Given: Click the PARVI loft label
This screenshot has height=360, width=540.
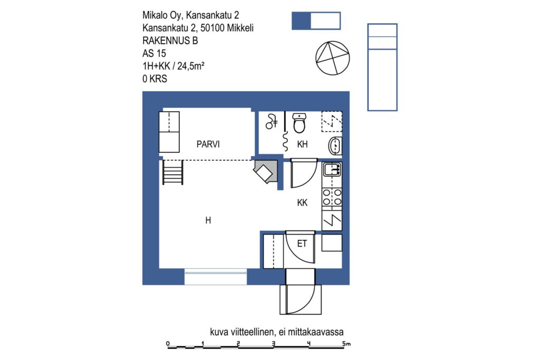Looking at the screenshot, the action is [x=208, y=144].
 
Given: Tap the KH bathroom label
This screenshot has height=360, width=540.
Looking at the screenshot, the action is [x=302, y=144].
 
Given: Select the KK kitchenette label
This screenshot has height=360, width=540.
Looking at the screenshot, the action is [x=302, y=203].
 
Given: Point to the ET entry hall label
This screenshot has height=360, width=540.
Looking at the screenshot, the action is [x=302, y=244].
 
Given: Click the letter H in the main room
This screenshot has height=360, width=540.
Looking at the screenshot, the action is [x=208, y=220].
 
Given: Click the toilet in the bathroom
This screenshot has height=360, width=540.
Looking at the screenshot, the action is [x=299, y=123].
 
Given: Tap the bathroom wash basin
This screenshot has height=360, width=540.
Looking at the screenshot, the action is [x=335, y=145].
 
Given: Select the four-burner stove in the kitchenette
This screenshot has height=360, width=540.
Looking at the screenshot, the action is [x=332, y=197].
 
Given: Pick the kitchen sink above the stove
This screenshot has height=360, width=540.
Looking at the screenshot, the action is [x=332, y=169].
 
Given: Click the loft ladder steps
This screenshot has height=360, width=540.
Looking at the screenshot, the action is [x=172, y=172].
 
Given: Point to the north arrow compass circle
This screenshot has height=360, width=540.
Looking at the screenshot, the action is [x=333, y=58].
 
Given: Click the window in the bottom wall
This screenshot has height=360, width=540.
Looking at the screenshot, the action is [x=216, y=273].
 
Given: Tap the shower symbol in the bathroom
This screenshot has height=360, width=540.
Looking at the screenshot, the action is [x=272, y=121].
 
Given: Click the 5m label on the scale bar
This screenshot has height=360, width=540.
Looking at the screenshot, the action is [x=346, y=343].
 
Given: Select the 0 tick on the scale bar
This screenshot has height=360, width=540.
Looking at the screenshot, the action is [x=168, y=344].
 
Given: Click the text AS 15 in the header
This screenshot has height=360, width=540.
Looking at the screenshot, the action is [x=155, y=53].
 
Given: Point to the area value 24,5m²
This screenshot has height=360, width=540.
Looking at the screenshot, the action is [x=191, y=66].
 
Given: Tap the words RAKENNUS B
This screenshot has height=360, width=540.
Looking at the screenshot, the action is [x=170, y=41].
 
